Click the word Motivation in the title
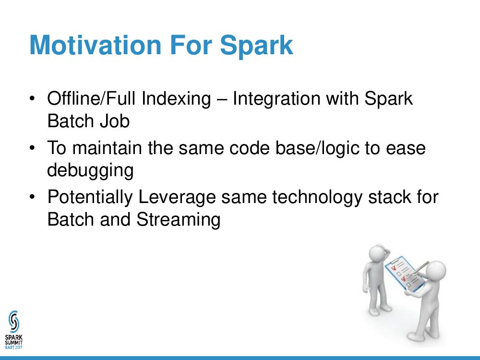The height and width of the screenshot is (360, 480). pyautogui.click(x=95, y=45)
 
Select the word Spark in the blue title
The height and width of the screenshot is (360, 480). pyautogui.click(x=256, y=46)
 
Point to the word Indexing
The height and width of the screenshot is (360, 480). pyautogui.click(x=176, y=99)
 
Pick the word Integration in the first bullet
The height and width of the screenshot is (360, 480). pyautogui.click(x=277, y=99)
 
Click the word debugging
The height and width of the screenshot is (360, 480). pyautogui.click(x=90, y=170)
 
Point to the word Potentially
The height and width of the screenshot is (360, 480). pyautogui.click(x=90, y=197)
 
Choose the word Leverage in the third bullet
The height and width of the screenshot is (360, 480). pyautogui.click(x=177, y=197)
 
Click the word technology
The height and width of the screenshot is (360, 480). pyautogui.click(x=317, y=197)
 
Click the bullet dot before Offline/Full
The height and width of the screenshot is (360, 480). pyautogui.click(x=32, y=99)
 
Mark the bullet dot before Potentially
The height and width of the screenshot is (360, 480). pyautogui.click(x=32, y=197)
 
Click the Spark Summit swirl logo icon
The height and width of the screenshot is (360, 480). pyautogui.click(x=14, y=322)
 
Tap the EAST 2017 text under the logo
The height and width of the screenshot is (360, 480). pyautogui.click(x=14, y=347)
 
